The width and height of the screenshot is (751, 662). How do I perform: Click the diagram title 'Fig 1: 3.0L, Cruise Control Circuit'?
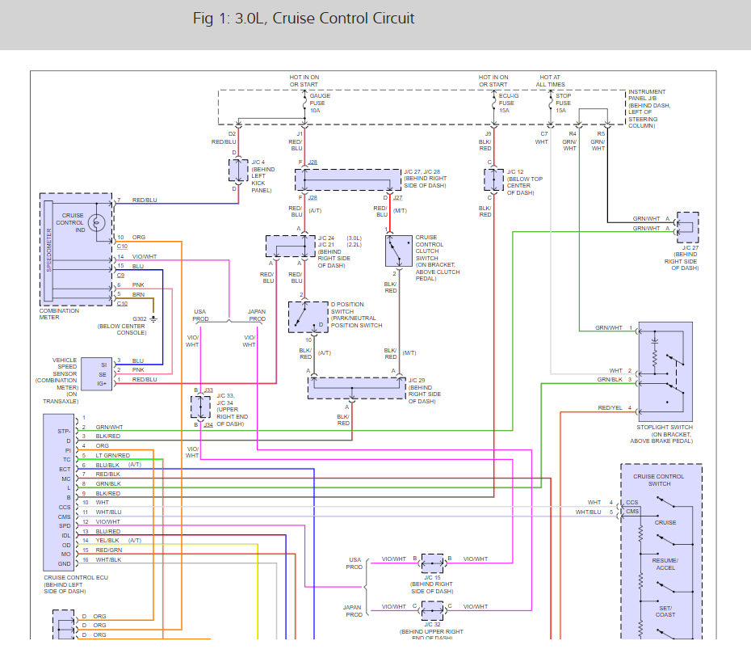tap(304, 19)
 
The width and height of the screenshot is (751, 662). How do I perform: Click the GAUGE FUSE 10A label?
tap(320, 103)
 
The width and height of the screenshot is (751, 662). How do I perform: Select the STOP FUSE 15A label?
tap(563, 103)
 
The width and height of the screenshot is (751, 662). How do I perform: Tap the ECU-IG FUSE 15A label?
tap(506, 103)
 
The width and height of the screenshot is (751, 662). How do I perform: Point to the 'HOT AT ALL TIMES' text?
tap(552, 81)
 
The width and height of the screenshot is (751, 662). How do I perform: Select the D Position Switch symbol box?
tap(308, 317)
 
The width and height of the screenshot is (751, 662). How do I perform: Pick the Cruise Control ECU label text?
tap(75, 578)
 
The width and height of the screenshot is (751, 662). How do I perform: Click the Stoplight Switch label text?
tap(665, 427)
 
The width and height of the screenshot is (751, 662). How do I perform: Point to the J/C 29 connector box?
tap(356, 388)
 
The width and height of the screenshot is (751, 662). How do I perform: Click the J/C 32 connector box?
tap(432, 609)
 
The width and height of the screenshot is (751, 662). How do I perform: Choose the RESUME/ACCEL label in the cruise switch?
tap(665, 563)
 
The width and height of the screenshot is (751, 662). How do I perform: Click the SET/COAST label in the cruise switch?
tap(665, 611)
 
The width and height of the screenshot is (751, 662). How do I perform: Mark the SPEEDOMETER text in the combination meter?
tap(49, 251)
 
